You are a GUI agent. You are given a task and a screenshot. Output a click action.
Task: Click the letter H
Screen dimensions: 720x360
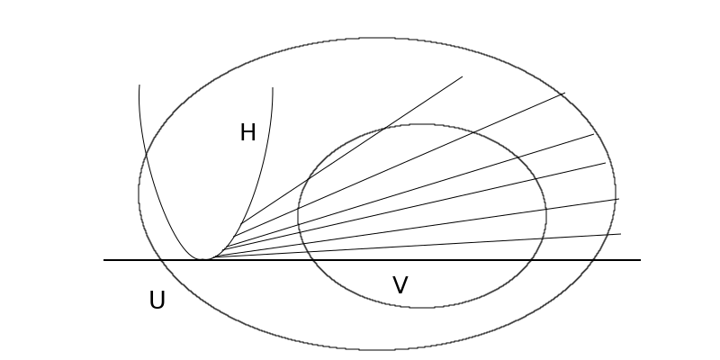point(247,133)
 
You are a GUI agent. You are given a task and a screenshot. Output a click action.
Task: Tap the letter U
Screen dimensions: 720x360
point(157,301)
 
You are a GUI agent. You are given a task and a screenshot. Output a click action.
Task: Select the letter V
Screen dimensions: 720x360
point(400,286)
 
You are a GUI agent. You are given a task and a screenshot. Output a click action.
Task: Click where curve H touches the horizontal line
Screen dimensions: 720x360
point(205,260)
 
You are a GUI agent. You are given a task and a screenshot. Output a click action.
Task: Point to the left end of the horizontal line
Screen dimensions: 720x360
point(104,260)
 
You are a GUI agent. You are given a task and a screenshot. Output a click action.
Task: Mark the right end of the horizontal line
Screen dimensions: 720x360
point(640,260)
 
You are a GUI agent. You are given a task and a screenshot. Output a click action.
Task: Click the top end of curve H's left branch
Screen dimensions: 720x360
point(139,85)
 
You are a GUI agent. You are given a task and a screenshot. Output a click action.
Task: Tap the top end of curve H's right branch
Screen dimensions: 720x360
point(273,88)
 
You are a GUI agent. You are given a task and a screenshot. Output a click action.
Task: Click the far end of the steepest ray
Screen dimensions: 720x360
point(462,76)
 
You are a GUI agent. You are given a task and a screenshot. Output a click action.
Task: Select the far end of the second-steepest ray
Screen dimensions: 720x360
point(564,93)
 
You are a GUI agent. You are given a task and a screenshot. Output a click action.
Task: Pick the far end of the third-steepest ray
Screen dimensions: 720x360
point(594,134)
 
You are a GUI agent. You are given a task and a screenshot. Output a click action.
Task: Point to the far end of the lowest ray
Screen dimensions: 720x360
point(620,234)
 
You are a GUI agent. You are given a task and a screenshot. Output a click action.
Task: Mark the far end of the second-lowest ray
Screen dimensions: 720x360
point(618,199)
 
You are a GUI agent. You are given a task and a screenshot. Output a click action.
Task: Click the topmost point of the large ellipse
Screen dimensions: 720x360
point(377,38)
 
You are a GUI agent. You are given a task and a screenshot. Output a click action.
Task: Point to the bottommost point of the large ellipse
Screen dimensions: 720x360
point(377,349)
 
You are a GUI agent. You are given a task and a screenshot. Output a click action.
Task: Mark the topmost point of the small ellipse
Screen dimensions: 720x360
point(421,124)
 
